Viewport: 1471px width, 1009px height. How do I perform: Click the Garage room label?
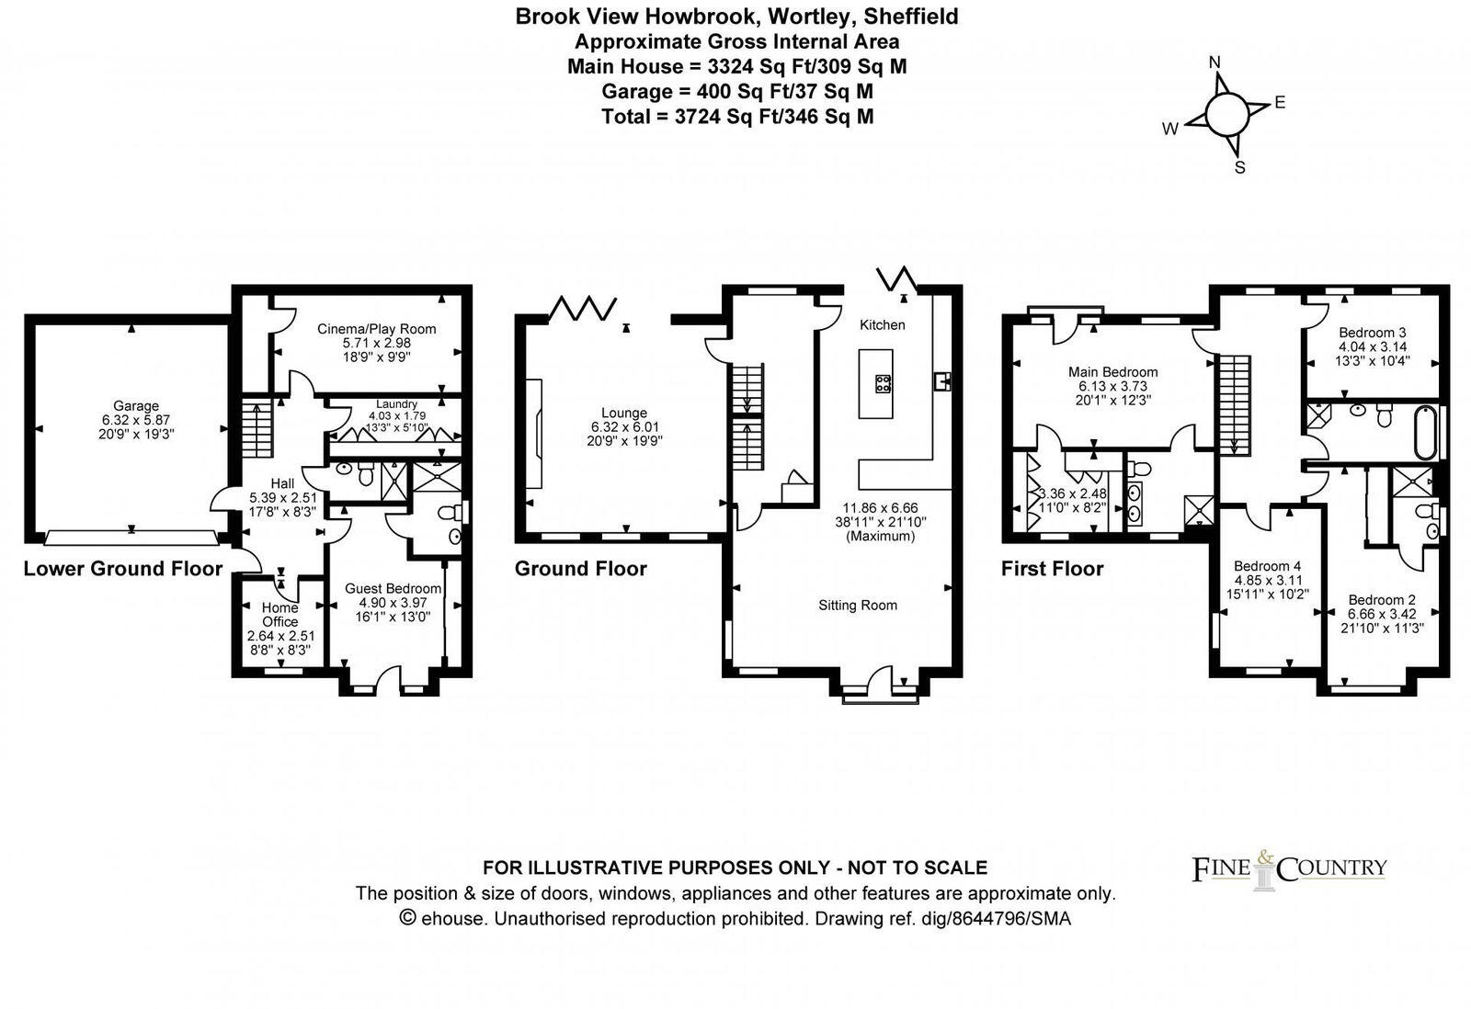[x=136, y=406]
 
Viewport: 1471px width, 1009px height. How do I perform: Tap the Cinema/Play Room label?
[x=376, y=329]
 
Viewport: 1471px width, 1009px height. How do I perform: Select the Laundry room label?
[x=396, y=404]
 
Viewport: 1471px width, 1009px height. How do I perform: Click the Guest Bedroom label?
[x=393, y=588]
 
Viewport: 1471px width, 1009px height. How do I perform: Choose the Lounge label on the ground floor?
[x=624, y=414]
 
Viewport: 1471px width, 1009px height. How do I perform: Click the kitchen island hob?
[x=883, y=384]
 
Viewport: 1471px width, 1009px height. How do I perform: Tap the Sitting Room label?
[x=858, y=606]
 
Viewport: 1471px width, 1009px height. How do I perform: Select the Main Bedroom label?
[x=1112, y=372]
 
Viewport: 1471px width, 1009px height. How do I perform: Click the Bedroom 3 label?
[x=1372, y=333]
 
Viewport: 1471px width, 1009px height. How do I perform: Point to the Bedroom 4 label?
[x=1267, y=566]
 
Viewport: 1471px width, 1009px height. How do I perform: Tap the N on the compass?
[x=1214, y=62]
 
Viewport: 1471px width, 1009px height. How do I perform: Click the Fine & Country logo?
[x=1289, y=867]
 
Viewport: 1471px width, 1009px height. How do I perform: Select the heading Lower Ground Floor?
[x=122, y=569]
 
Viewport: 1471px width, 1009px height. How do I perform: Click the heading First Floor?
[x=1052, y=569]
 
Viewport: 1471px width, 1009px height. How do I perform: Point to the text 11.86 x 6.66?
[x=880, y=507]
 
